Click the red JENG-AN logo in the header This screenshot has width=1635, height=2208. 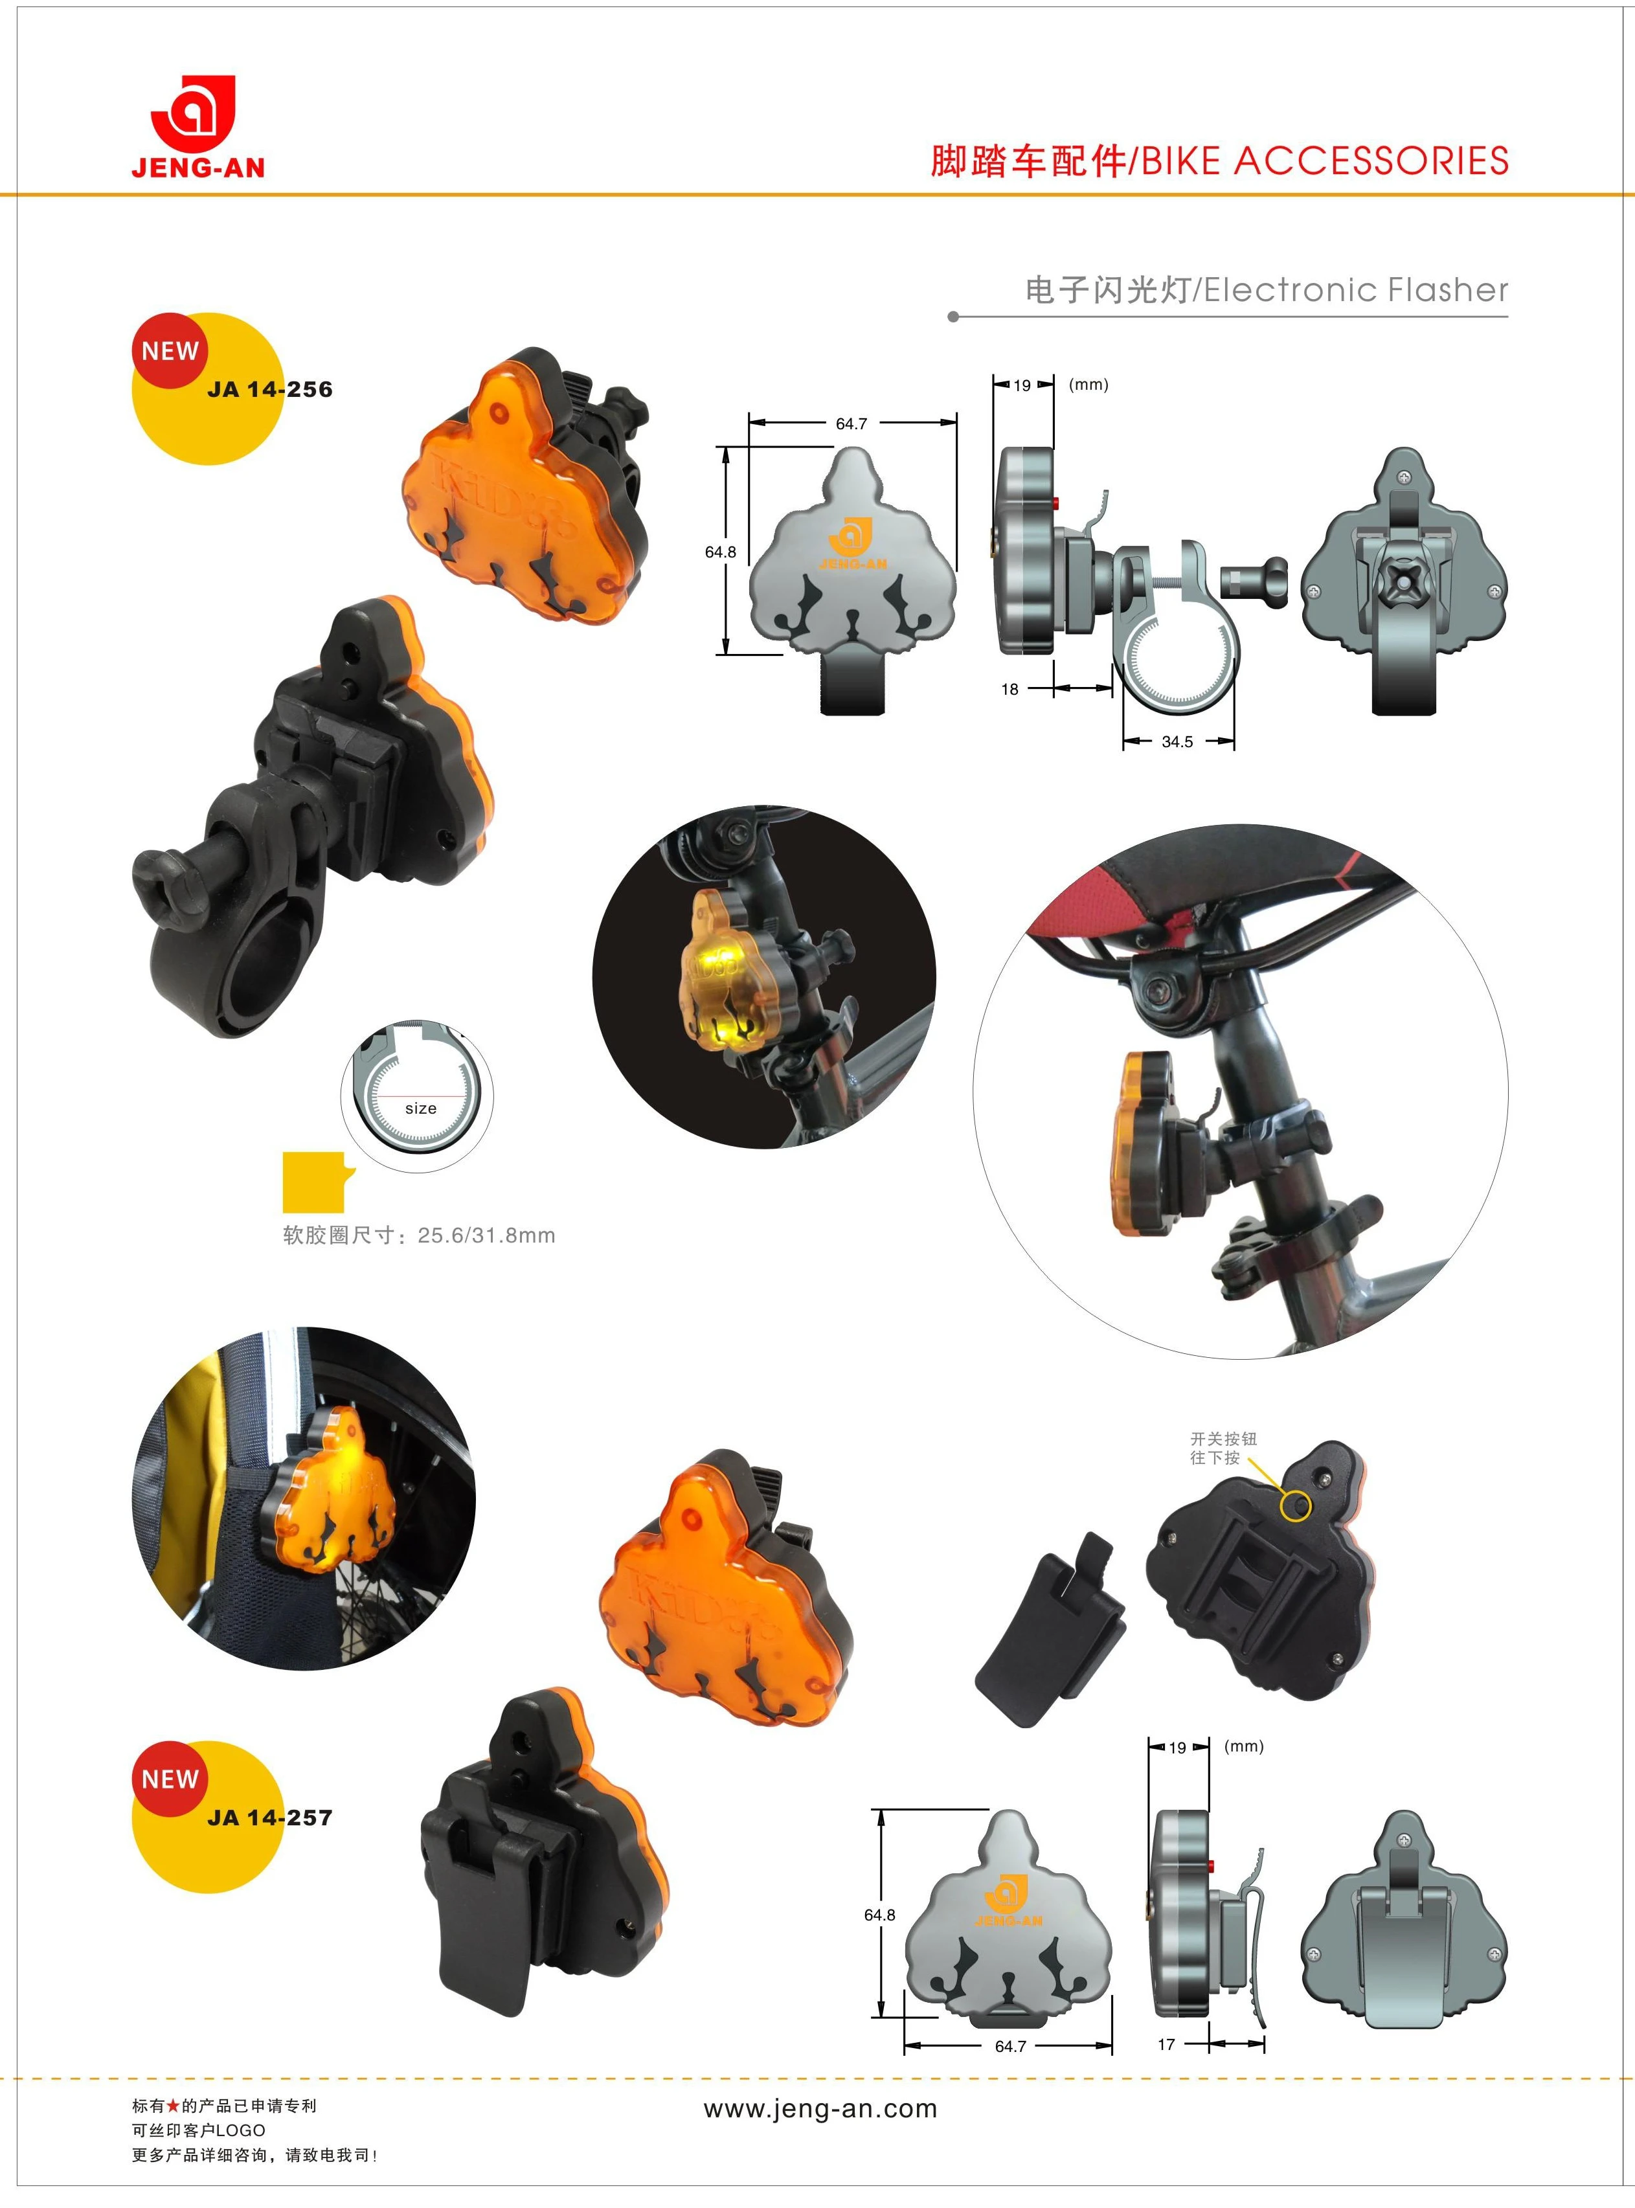point(198,127)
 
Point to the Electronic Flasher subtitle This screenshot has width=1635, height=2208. point(1356,290)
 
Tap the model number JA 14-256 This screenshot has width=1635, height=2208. point(270,390)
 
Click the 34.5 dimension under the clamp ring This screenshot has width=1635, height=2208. point(1177,742)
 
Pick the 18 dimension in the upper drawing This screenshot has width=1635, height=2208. point(1009,690)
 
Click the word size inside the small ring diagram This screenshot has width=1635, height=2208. point(421,1109)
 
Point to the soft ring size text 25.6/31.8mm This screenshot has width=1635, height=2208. point(486,1236)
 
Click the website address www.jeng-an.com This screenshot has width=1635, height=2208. point(820,2109)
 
